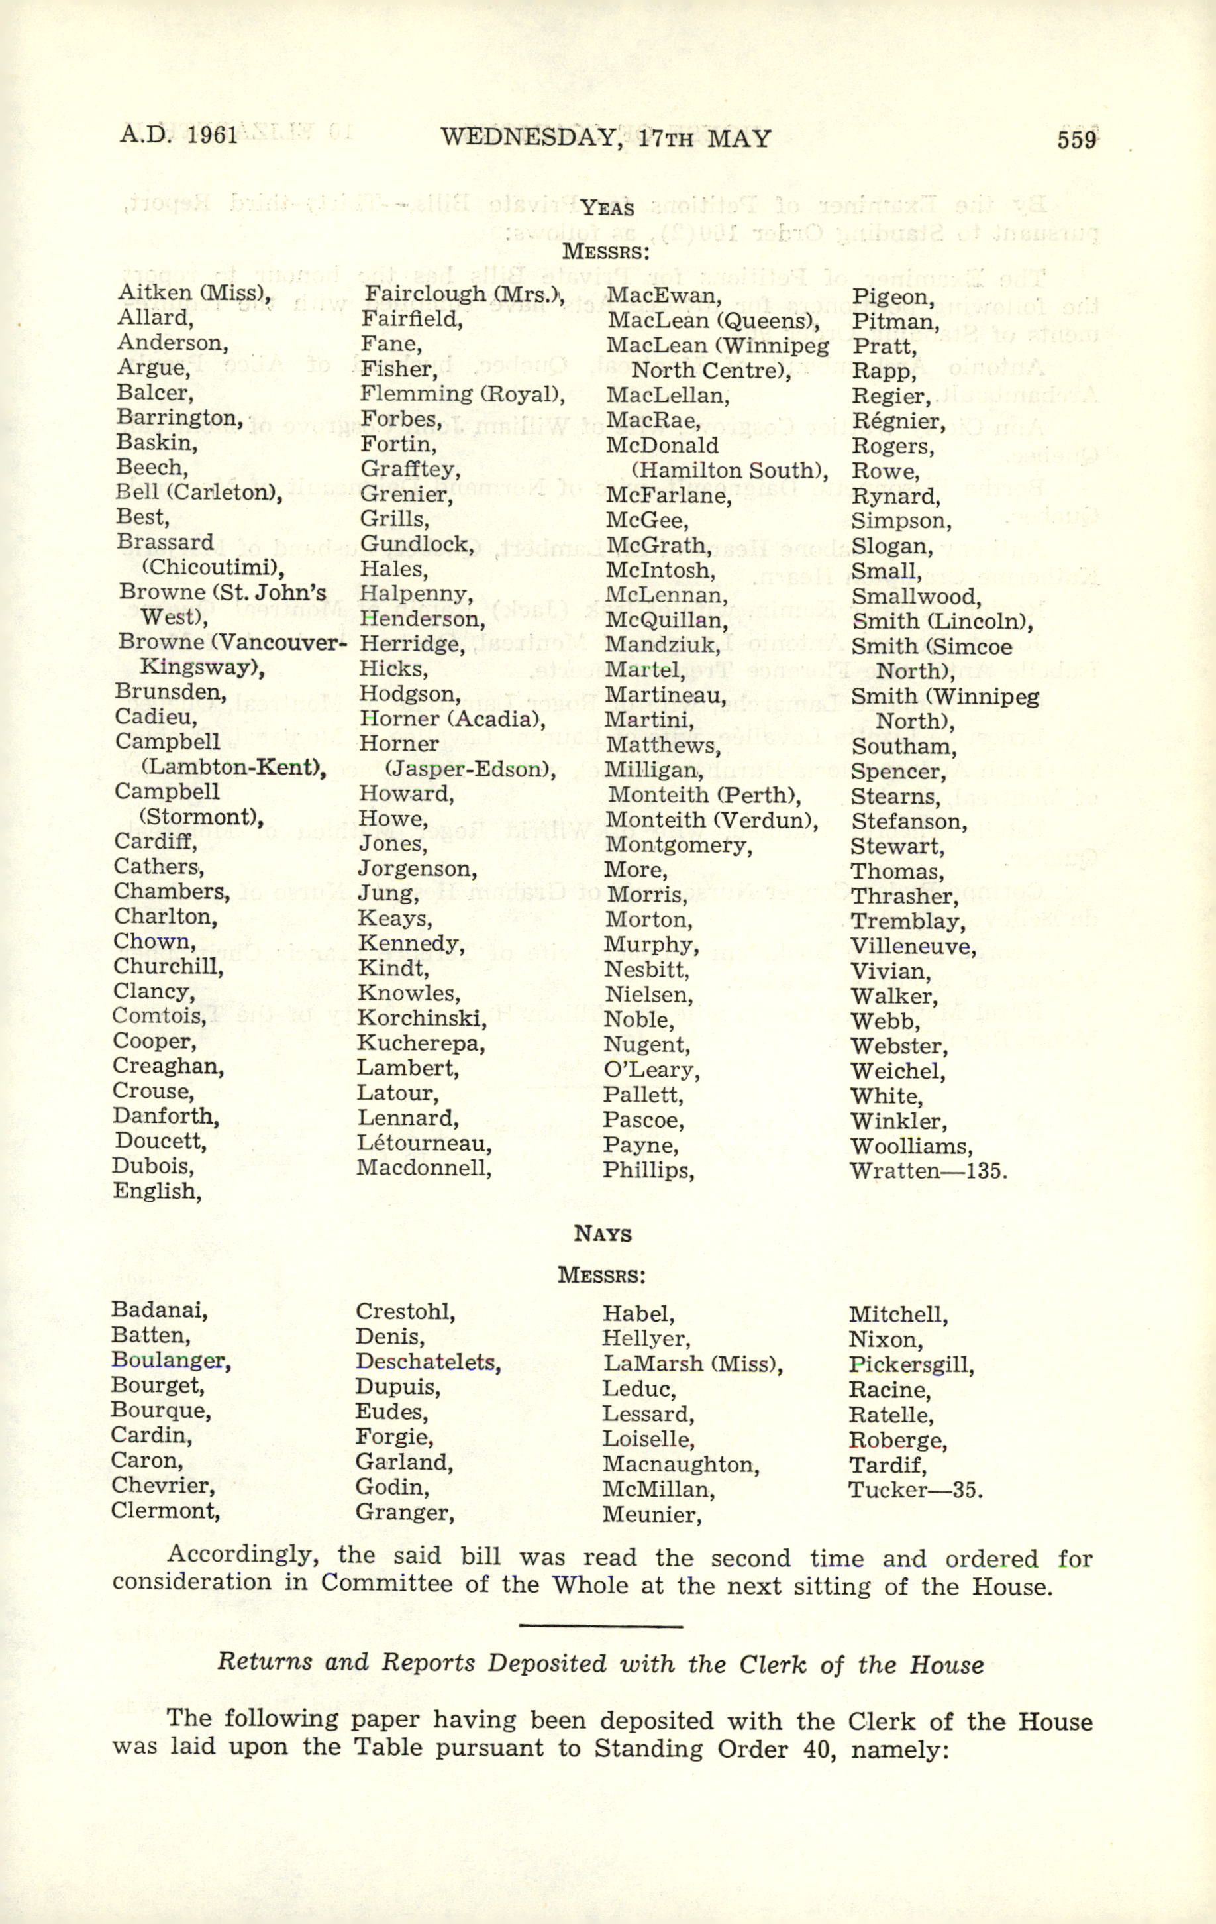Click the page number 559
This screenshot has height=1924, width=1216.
pyautogui.click(x=1076, y=140)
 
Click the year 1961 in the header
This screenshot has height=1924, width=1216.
pyautogui.click(x=213, y=134)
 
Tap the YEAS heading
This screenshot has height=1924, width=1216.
pyautogui.click(x=607, y=209)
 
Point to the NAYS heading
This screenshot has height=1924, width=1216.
pyautogui.click(x=603, y=1234)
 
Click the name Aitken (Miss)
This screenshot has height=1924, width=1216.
pyautogui.click(x=194, y=294)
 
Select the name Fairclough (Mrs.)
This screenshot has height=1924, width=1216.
pyautogui.click(x=464, y=295)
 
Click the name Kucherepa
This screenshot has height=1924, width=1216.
pyautogui.click(x=421, y=1043)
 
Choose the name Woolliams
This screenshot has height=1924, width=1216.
pyautogui.click(x=911, y=1147)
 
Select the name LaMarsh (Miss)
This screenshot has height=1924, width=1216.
pyautogui.click(x=692, y=1364)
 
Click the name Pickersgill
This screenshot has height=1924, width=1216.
pyautogui.click(x=911, y=1365)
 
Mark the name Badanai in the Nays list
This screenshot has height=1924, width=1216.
pyautogui.click(x=159, y=1310)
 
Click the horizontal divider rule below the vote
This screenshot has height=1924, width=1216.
pyautogui.click(x=601, y=1625)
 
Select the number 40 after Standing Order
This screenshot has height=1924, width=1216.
pyautogui.click(x=817, y=1750)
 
